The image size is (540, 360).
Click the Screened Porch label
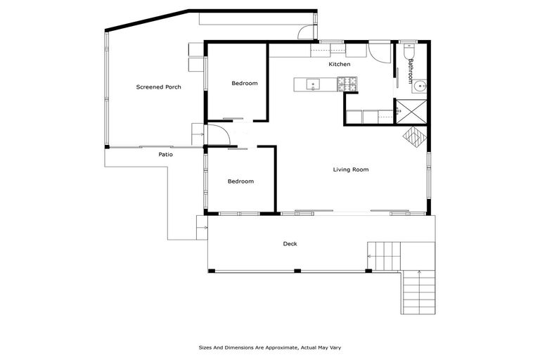pyautogui.click(x=158, y=87)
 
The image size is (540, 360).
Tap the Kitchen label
pyautogui.click(x=340, y=65)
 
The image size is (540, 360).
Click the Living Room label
pyautogui.click(x=350, y=169)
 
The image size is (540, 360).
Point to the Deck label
pyautogui.click(x=290, y=244)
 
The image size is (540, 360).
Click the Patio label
pyautogui.click(x=165, y=155)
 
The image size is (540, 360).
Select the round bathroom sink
pyautogui.click(x=419, y=87)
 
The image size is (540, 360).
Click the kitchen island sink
pyautogui.click(x=312, y=85)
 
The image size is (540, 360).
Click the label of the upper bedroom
pyautogui.click(x=245, y=84)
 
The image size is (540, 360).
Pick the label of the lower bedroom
pyautogui.click(x=240, y=181)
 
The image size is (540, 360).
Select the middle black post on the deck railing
pyautogui.click(x=297, y=271)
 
